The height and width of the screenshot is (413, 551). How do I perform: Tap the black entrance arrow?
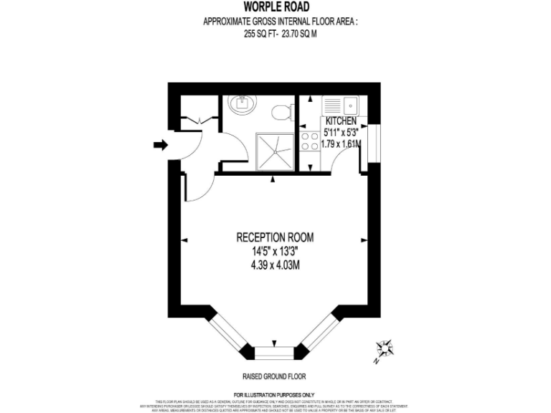160,146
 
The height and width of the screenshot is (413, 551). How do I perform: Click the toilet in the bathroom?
281,111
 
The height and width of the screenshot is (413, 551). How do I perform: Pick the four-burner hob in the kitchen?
310,141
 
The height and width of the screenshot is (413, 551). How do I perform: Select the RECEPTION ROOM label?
275,237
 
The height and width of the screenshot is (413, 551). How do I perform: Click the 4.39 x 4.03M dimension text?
275,264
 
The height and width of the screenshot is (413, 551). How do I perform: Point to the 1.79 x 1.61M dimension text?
340,144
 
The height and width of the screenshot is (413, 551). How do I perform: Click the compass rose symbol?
385,349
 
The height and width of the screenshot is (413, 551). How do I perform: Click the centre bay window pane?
275,352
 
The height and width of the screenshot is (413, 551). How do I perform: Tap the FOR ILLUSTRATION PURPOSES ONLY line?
275,394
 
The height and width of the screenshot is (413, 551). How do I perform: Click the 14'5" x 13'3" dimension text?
275,251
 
